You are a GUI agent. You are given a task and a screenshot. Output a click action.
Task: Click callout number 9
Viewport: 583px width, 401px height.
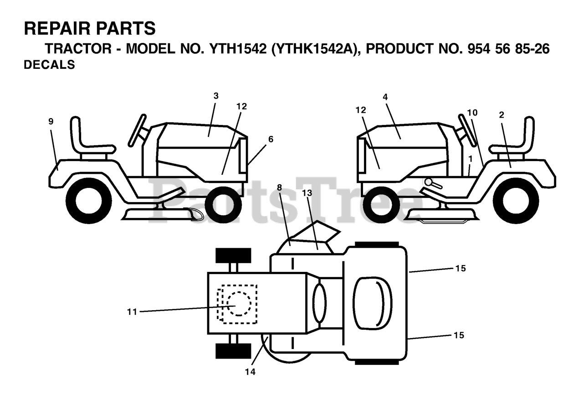tap(51, 121)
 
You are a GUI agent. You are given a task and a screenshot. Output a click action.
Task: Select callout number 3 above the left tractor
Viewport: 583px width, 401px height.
tap(216, 96)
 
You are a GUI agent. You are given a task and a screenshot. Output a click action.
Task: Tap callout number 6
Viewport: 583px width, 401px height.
tap(271, 139)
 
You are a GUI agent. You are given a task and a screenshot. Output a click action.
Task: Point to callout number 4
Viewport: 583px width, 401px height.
tap(385, 97)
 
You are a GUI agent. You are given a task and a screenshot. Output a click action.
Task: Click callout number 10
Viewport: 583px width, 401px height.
tap(472, 112)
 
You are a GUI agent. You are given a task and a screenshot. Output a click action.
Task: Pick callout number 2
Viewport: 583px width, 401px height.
tap(501, 115)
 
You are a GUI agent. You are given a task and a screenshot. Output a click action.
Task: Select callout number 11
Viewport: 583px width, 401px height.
tap(132, 312)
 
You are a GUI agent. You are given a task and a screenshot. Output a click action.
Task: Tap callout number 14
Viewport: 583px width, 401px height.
tap(250, 372)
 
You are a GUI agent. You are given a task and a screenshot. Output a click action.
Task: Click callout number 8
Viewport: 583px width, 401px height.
tap(279, 187)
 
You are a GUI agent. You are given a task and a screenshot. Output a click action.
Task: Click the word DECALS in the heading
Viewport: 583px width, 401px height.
tap(49, 65)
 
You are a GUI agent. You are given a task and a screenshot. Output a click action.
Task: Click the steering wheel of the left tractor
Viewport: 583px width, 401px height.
tap(138, 130)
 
